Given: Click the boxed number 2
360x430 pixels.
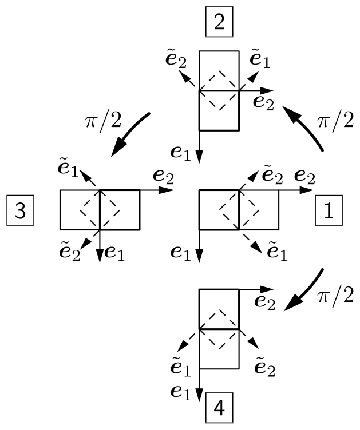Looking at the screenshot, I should (x=219, y=24).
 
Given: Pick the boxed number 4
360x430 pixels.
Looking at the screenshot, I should (x=219, y=409).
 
